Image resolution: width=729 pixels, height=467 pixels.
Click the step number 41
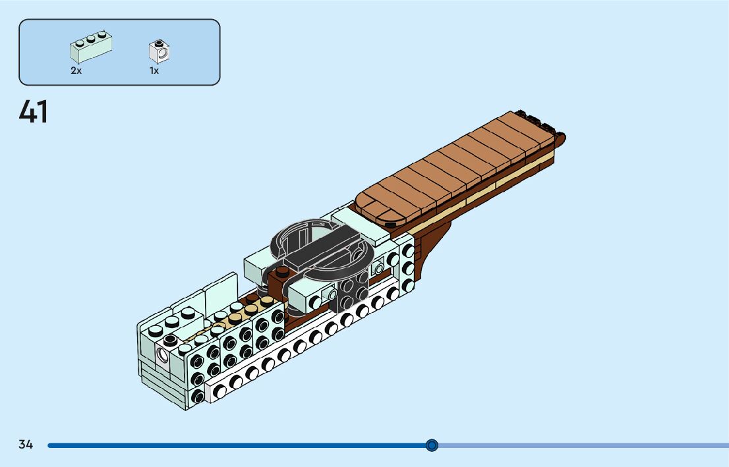tap(34, 112)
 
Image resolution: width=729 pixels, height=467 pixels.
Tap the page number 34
tap(26, 445)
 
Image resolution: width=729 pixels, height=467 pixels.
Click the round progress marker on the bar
tap(432, 445)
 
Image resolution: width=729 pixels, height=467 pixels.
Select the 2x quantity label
tap(76, 70)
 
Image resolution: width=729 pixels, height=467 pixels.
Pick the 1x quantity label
tap(154, 70)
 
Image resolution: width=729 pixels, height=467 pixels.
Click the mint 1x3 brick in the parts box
tap(91, 47)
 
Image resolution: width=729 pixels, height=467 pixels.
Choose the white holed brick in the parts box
tap(159, 51)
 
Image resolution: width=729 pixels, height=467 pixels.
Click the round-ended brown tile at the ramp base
tap(379, 209)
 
